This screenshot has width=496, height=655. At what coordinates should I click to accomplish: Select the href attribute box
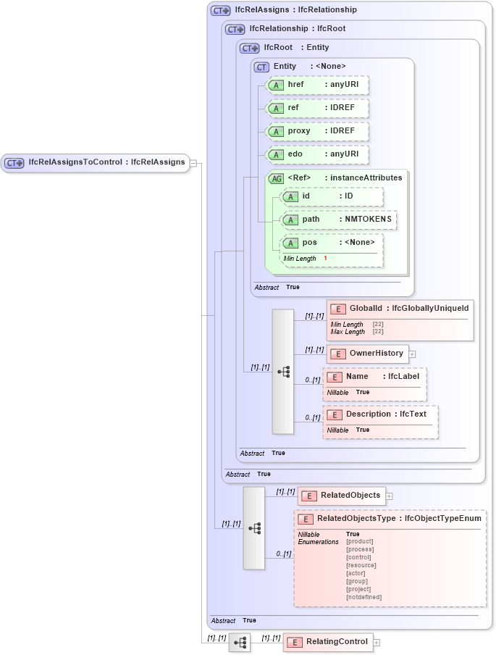[318, 85]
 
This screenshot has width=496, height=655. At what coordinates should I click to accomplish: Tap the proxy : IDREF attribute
[318, 131]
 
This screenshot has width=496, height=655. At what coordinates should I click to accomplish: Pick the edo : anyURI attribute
[318, 154]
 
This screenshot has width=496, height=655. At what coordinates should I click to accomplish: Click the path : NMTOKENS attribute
[339, 219]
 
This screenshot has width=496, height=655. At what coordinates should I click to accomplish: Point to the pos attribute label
[309, 243]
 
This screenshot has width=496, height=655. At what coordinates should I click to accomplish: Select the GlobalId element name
[366, 309]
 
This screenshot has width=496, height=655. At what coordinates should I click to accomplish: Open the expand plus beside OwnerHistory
[412, 354]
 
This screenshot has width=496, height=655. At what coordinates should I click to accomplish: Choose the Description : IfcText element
[380, 414]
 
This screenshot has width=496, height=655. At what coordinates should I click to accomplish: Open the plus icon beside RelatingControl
[377, 643]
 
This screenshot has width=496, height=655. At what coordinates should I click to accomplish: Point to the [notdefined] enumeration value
[363, 597]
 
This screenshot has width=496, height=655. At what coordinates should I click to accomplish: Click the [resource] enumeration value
[361, 565]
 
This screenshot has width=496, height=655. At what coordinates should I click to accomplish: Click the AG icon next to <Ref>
[276, 178]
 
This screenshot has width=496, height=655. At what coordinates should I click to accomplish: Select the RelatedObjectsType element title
[356, 519]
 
